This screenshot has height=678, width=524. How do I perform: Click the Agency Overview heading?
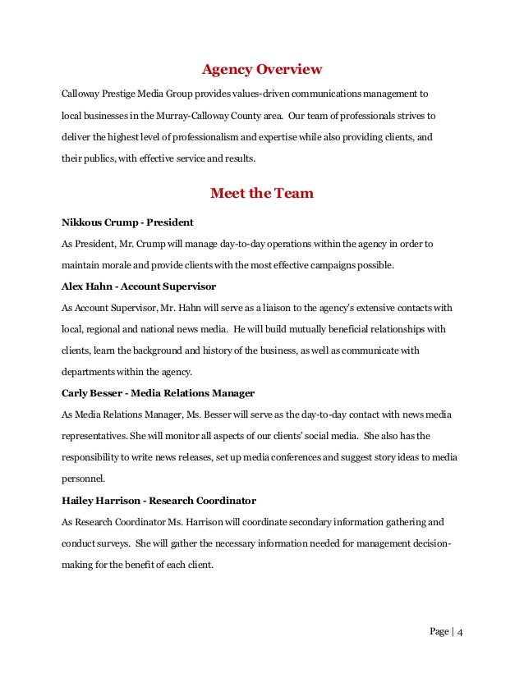click(x=262, y=68)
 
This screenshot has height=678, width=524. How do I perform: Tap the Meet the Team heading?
click(x=262, y=194)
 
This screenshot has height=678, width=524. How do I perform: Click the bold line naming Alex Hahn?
click(x=139, y=286)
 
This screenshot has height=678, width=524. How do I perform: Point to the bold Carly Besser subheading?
click(x=158, y=393)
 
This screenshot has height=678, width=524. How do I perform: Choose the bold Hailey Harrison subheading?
click(x=159, y=500)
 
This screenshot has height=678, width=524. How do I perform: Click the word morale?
click(x=120, y=265)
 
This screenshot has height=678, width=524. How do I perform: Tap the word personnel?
click(x=85, y=479)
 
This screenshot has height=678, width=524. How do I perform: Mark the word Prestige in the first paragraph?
click(x=123, y=93)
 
